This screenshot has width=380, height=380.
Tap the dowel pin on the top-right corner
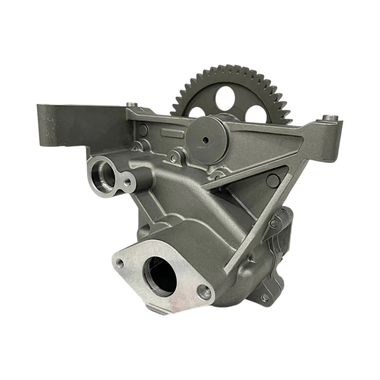[x=327, y=117]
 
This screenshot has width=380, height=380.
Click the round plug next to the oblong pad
[x=143, y=129]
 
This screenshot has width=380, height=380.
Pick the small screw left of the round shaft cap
[x=173, y=158]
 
